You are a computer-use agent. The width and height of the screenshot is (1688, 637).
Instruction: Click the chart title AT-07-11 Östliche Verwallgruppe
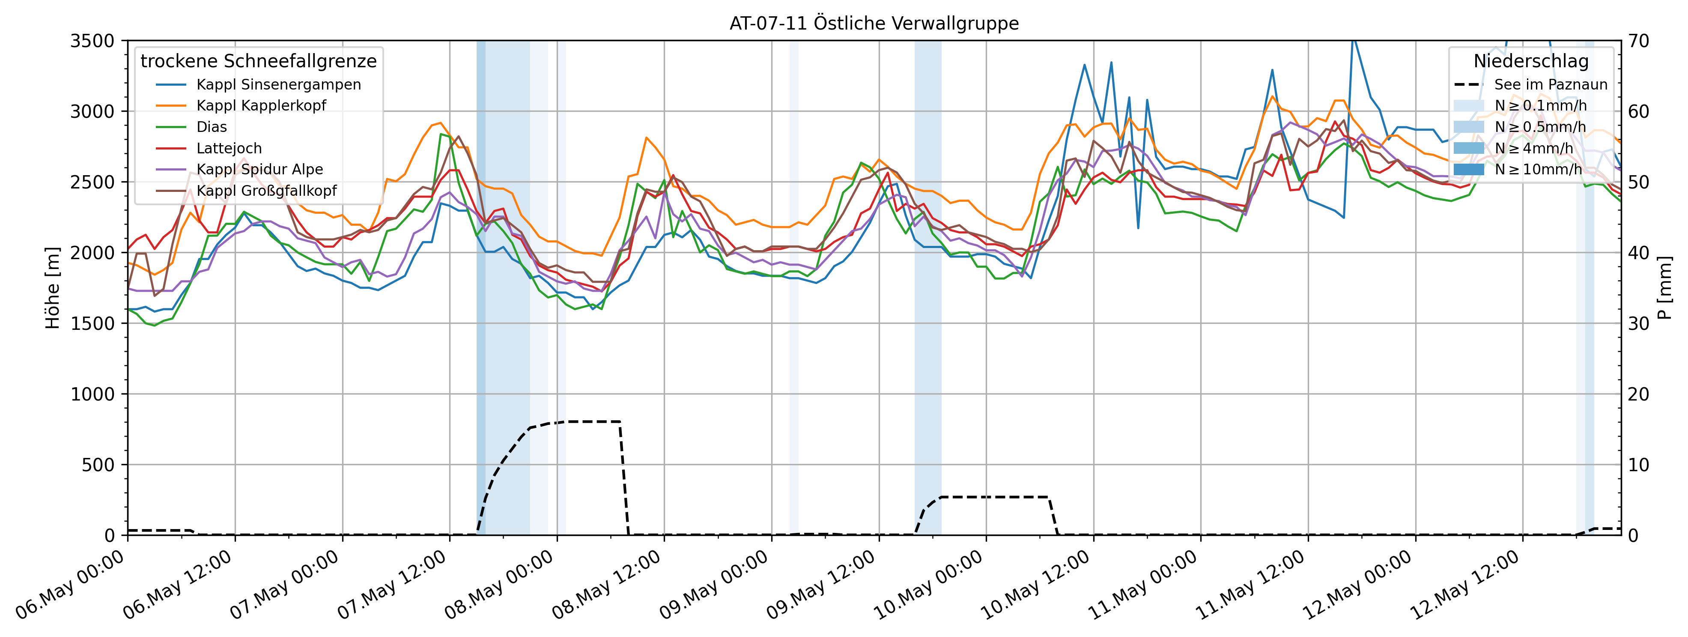[x=874, y=24]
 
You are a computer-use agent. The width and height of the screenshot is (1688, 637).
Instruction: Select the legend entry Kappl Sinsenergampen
[x=278, y=84]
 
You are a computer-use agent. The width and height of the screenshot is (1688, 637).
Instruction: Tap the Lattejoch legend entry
[x=229, y=149]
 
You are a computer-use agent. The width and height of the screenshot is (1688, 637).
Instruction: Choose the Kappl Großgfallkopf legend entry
[x=266, y=191]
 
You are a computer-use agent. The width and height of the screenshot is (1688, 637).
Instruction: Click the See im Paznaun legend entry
[x=1551, y=84]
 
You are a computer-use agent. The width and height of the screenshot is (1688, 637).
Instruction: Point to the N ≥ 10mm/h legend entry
[x=1538, y=170]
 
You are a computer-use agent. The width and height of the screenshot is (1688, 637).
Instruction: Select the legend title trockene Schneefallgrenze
[x=259, y=62]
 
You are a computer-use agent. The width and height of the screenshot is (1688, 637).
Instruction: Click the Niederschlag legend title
[x=1531, y=62]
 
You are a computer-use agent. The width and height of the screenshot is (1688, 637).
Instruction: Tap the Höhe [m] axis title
[x=52, y=288]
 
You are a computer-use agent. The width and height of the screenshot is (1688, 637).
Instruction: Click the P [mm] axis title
[x=1664, y=288]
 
